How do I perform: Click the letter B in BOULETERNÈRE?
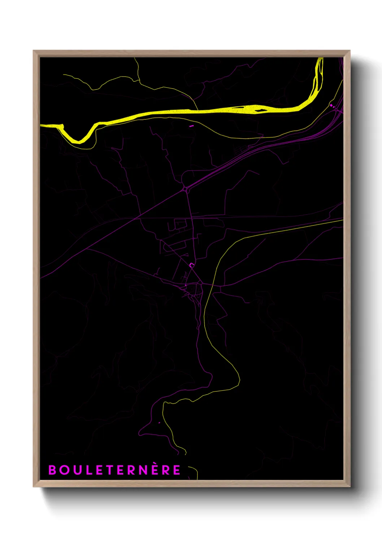point(52,470)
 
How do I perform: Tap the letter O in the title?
point(64,470)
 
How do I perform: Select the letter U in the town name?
point(75,470)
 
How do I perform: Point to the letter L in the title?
point(86,470)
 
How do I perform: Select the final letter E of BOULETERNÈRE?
point(177,470)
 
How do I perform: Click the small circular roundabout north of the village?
point(186,188)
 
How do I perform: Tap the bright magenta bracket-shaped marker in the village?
point(192,265)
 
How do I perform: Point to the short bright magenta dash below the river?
point(191,126)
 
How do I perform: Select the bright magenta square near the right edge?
point(331,105)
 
